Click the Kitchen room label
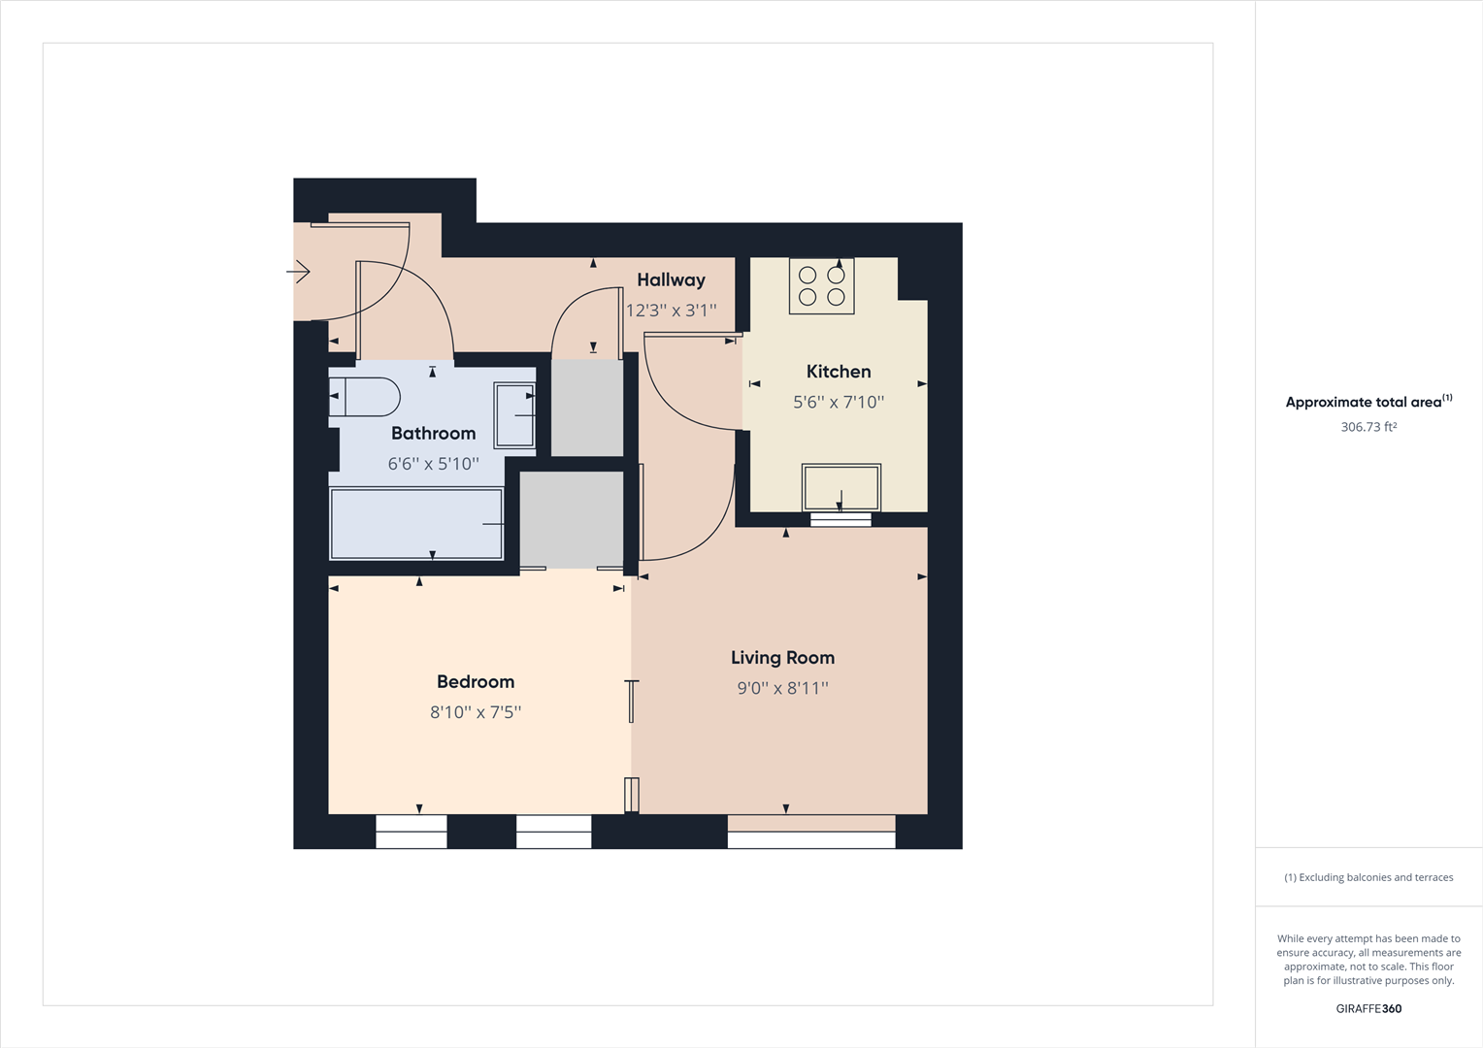(839, 372)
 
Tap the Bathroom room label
(433, 434)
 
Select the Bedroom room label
(476, 682)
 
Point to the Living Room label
(782, 658)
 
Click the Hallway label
(671, 280)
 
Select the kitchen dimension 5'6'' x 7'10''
(839, 403)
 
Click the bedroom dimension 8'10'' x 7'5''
(476, 712)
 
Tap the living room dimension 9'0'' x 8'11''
(782, 689)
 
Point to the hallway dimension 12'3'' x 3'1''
(671, 311)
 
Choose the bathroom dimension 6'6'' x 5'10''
(433, 464)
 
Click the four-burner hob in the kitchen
(821, 286)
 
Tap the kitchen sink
(840, 487)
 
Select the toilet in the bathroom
(366, 397)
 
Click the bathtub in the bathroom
(416, 524)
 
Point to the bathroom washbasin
(514, 415)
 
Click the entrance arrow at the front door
(299, 272)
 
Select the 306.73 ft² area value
(1368, 427)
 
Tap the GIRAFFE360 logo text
(1368, 1009)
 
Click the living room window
(811, 832)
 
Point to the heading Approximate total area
(1364, 402)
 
